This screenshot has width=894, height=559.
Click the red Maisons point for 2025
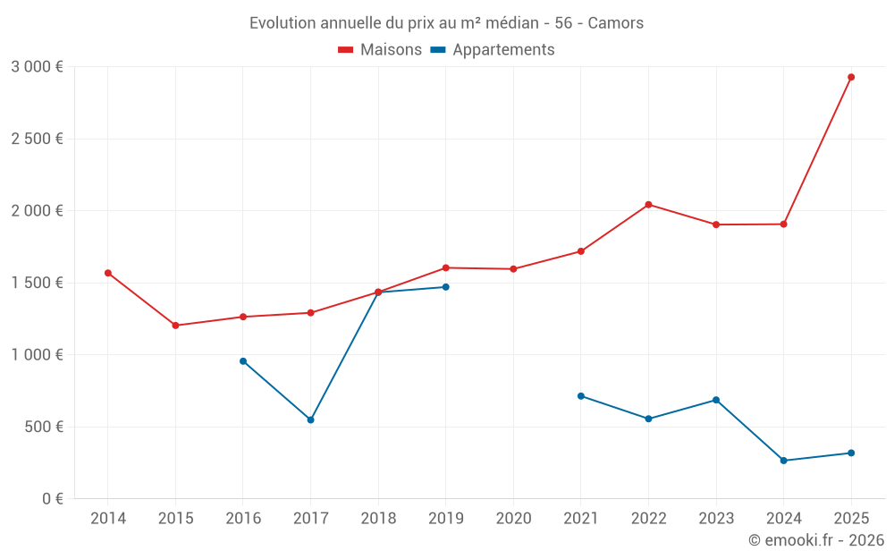pyautogui.click(x=851, y=77)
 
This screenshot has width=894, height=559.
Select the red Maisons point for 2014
pyautogui.click(x=108, y=273)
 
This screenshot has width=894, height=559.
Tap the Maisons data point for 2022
pyautogui.click(x=648, y=205)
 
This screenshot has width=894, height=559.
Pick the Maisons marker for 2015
pyautogui.click(x=175, y=326)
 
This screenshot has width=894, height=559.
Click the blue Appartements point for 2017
pyautogui.click(x=310, y=419)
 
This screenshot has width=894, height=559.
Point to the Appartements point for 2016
pyautogui.click(x=243, y=361)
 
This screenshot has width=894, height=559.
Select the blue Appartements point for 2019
pyautogui.click(x=445, y=287)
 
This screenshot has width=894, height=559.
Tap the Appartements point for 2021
pyautogui.click(x=581, y=396)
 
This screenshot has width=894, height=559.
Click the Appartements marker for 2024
pyautogui.click(x=784, y=461)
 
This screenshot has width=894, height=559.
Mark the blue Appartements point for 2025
pyautogui.click(x=851, y=453)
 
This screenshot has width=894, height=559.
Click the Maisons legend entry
pyautogui.click(x=380, y=50)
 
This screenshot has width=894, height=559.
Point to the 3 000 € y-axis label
pyautogui.click(x=37, y=67)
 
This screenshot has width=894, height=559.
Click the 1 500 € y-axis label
pyautogui.click(x=37, y=283)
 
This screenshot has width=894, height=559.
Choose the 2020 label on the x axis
pyautogui.click(x=513, y=518)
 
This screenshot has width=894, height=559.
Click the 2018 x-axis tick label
pyautogui.click(x=378, y=518)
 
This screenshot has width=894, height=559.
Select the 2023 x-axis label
pyautogui.click(x=716, y=518)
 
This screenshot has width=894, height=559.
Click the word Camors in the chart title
pyautogui.click(x=615, y=23)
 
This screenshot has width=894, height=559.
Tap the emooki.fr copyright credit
pyautogui.click(x=815, y=540)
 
